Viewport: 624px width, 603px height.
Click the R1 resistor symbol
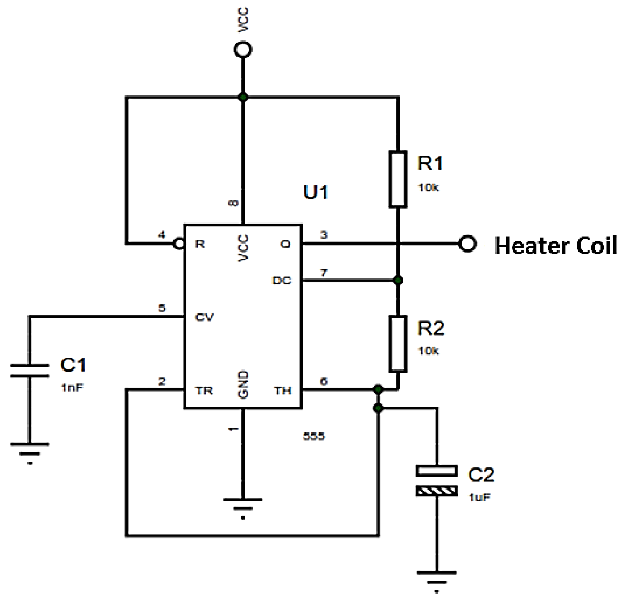click(x=398, y=179)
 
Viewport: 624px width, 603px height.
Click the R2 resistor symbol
click(x=398, y=344)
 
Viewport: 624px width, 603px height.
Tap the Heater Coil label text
click(x=555, y=246)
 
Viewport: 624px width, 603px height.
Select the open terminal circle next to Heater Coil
click(x=467, y=244)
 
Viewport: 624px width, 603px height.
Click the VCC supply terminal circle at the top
click(x=243, y=50)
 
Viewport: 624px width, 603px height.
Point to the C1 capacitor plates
click(x=30, y=370)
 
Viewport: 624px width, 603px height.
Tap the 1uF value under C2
click(x=479, y=497)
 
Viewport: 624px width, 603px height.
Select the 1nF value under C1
click(x=72, y=387)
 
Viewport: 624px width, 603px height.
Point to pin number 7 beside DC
click(x=323, y=273)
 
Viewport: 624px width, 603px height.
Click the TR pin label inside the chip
click(x=204, y=391)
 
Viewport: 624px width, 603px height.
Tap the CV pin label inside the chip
click(x=204, y=317)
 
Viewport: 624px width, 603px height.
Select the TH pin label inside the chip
click(x=283, y=391)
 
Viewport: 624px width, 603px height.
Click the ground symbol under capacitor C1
click(x=30, y=450)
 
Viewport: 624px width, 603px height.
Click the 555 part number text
click(x=314, y=436)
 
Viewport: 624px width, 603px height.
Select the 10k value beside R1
click(x=428, y=188)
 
